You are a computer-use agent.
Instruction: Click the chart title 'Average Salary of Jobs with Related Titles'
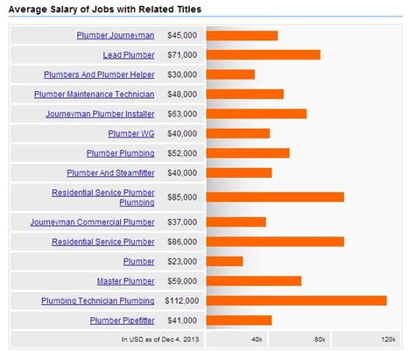(105, 9)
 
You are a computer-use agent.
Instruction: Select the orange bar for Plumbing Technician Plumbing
(296, 300)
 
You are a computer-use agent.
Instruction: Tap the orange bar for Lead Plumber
(263, 55)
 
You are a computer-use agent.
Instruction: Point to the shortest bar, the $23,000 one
(224, 261)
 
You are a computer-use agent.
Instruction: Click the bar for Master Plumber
(253, 281)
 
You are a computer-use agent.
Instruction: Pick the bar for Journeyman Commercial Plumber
(236, 222)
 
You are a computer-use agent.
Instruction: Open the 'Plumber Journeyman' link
(115, 36)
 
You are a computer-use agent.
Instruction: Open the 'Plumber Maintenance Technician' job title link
(94, 95)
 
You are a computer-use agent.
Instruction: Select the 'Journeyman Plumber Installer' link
(100, 114)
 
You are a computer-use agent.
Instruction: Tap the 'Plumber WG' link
(131, 134)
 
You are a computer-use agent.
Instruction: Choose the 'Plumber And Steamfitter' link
(110, 173)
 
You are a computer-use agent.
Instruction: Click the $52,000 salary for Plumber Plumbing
(182, 153)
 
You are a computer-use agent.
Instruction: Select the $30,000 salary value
(182, 75)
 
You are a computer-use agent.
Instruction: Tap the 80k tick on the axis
(319, 338)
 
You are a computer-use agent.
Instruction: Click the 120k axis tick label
(387, 338)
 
